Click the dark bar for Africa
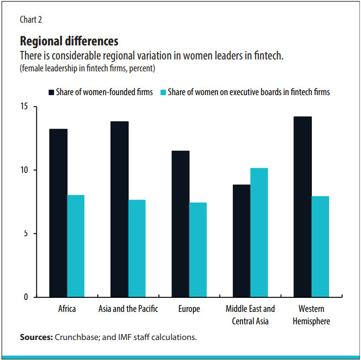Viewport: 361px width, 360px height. [x=58, y=213]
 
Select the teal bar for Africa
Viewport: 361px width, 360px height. [x=76, y=246]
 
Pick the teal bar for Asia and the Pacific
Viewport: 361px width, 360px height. [x=137, y=248]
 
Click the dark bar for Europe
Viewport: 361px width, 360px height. [x=180, y=224]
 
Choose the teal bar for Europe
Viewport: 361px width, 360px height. [x=198, y=250]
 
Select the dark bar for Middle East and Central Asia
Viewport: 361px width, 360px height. [x=242, y=241]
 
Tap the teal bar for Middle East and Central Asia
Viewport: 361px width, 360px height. [x=259, y=232]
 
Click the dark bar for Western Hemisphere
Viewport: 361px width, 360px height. [x=303, y=207]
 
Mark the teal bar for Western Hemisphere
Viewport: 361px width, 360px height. [x=320, y=246]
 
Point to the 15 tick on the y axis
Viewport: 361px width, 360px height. [x=25, y=106]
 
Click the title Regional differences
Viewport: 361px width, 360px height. [x=69, y=41]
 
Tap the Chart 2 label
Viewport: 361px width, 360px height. [x=31, y=20]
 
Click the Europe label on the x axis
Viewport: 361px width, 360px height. [x=189, y=309]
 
